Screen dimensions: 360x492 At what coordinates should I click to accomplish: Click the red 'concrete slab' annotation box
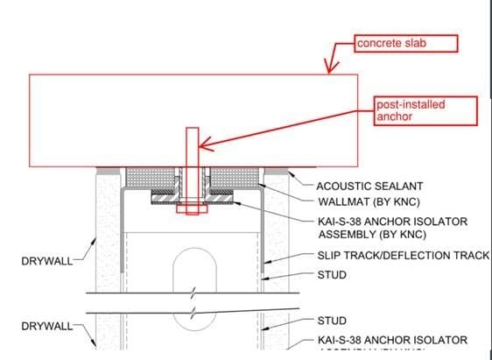click(x=405, y=43)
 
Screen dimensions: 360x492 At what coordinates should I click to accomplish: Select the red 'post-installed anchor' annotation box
click(x=425, y=110)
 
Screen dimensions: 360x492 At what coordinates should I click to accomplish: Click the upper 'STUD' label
click(x=333, y=275)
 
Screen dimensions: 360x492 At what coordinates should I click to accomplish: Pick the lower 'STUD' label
click(x=333, y=321)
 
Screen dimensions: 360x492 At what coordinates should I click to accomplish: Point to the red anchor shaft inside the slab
click(x=191, y=146)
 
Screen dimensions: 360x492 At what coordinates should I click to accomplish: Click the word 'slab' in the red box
click(x=417, y=43)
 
